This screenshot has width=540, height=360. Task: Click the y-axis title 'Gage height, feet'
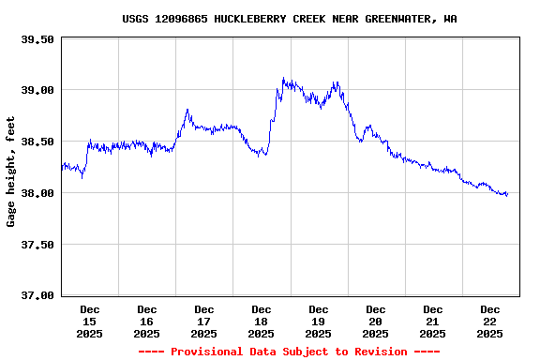pos(11,172)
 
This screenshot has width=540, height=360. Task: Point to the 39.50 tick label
pos(37,39)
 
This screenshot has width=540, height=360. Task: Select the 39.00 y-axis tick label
pos(37,90)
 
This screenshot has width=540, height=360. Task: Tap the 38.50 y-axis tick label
pos(37,142)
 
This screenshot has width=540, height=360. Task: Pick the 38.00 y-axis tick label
pos(37,193)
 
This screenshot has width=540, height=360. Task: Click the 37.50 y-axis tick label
pos(37,245)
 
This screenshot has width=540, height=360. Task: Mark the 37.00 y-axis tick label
pos(37,296)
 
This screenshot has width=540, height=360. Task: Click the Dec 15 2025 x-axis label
pos(90,322)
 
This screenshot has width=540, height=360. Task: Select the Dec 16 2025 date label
pos(147,322)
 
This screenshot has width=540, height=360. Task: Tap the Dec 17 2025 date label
pos(204,322)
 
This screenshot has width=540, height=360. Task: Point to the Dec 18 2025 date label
pos(262,322)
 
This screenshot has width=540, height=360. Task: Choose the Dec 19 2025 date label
pos(319,322)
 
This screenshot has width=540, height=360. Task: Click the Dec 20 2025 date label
pos(376,322)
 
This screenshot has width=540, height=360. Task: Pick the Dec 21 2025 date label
pos(433,322)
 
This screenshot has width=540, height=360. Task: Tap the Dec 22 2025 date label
pos(490,322)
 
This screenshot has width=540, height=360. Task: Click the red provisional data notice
pos(289,352)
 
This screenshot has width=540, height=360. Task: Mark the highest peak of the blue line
pos(283,79)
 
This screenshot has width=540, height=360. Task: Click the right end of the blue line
pos(507,195)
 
